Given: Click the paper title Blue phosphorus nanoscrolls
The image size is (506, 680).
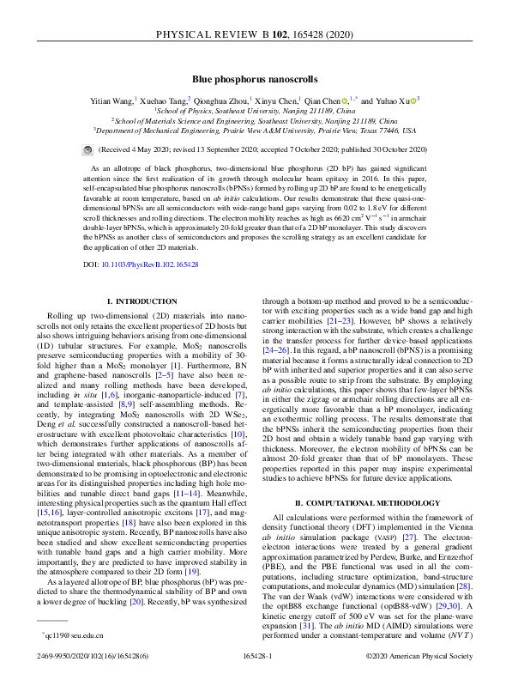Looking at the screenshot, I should (253, 77).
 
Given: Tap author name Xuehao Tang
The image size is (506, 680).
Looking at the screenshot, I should (163, 100).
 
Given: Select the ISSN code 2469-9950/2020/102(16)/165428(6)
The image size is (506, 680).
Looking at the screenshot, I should (96, 656).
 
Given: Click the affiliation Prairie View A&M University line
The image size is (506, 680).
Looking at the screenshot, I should (255, 131).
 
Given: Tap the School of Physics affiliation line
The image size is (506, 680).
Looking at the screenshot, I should (255, 111).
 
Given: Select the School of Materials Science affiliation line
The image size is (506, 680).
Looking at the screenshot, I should (255, 121).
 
